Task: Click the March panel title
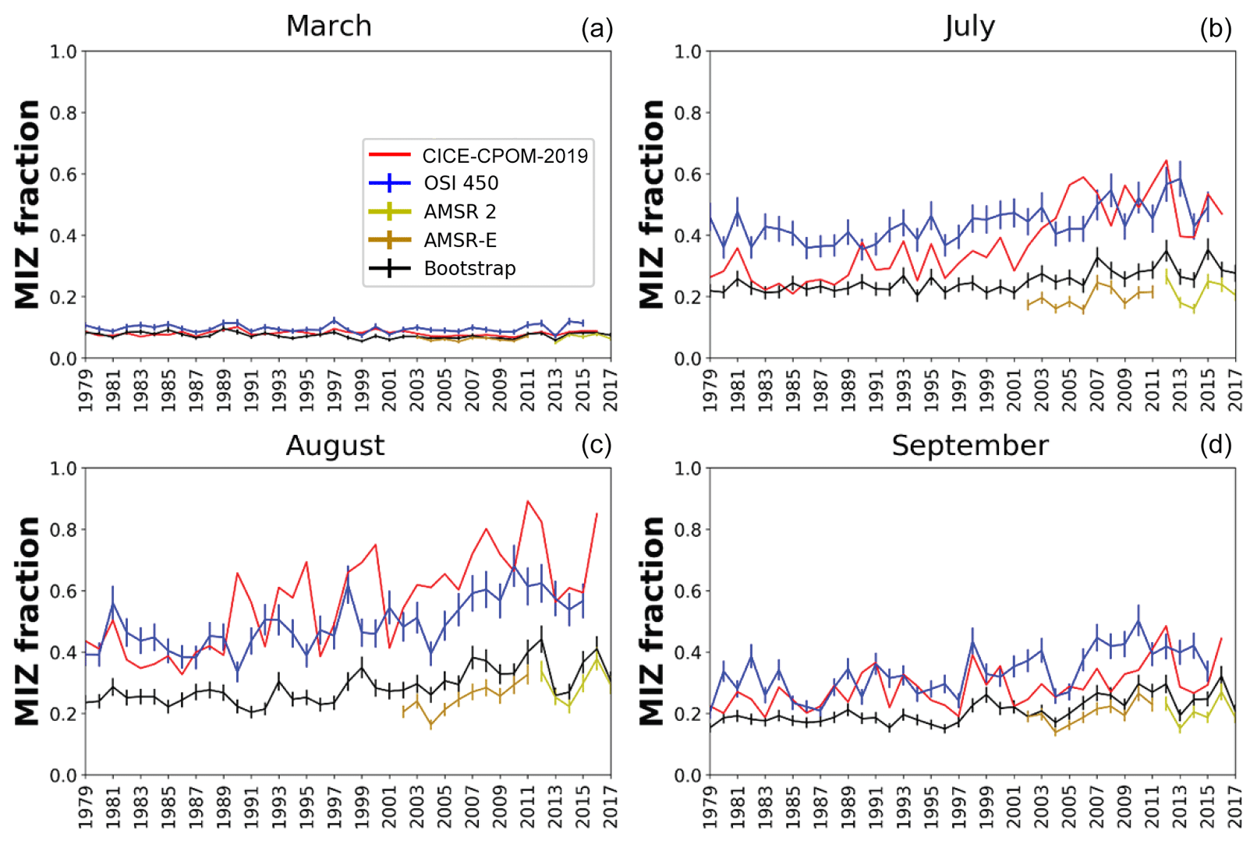point(328,26)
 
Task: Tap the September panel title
point(969,445)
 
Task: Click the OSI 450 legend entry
point(461,183)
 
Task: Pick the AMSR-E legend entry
point(460,240)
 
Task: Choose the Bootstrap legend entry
point(469,268)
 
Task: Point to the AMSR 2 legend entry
point(459,211)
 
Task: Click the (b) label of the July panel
point(1215,29)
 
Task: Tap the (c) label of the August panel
point(596,445)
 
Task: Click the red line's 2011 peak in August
point(528,501)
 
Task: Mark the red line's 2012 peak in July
point(1167,161)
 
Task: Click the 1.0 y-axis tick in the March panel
point(63,51)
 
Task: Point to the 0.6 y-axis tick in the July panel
point(688,174)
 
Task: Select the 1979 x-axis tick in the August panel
point(86,806)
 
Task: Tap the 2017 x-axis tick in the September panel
point(1235,806)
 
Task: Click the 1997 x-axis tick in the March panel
point(335,390)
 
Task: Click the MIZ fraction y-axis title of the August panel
point(27,621)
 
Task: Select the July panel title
point(969,26)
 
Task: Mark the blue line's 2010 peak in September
point(1138,621)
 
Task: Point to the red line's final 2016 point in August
point(597,514)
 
